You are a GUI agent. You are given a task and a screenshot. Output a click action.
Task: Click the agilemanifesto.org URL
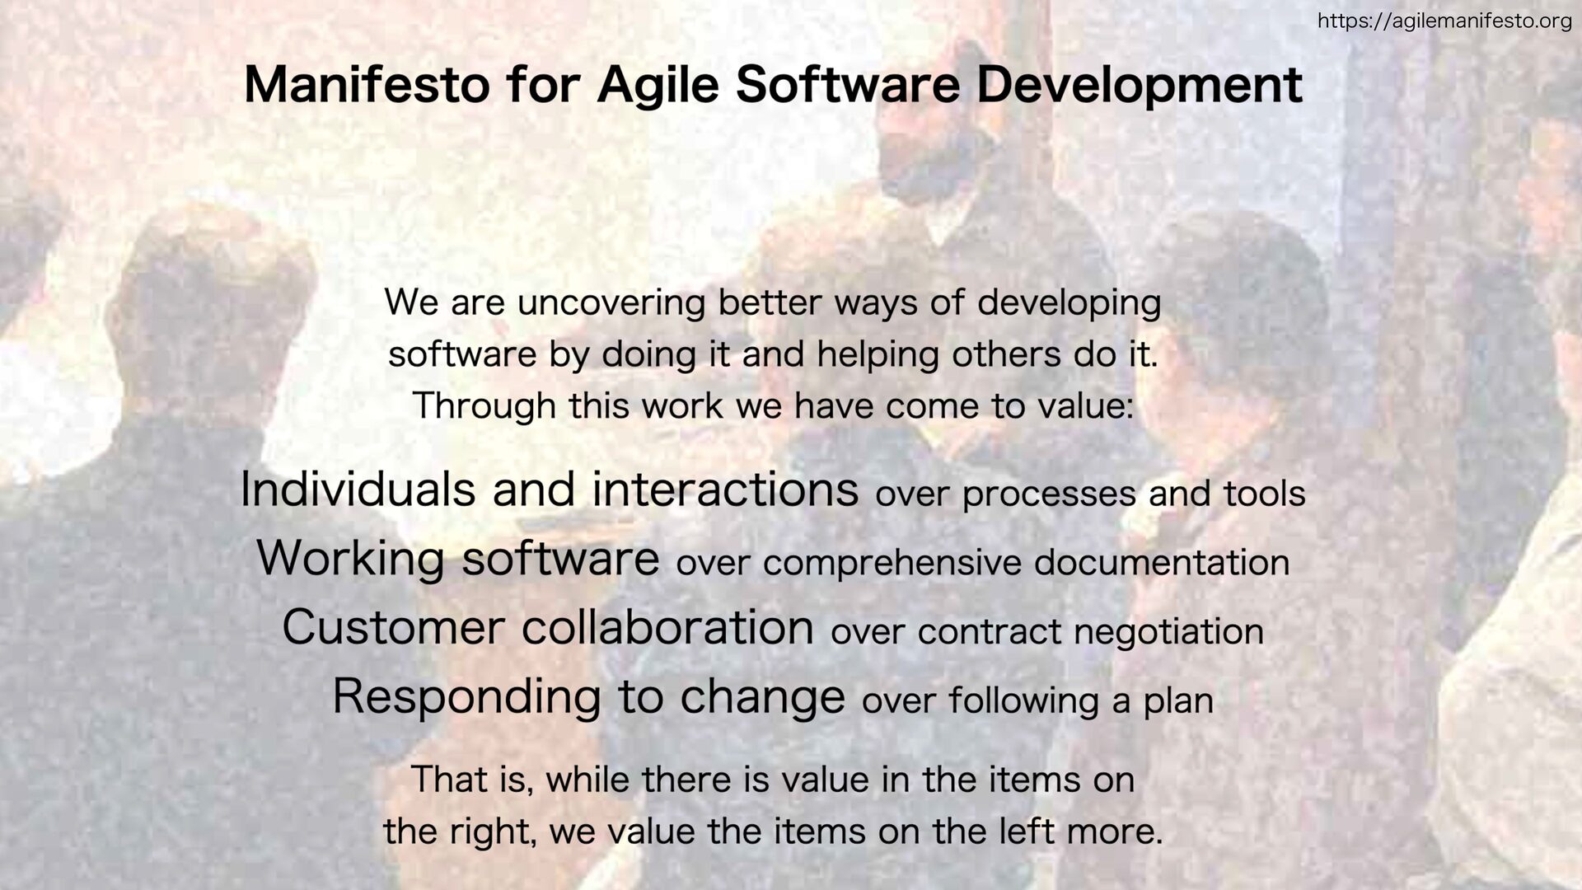(1444, 21)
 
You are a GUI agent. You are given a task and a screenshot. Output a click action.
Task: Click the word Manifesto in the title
(367, 84)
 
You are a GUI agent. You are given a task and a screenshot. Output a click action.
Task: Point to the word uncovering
(611, 302)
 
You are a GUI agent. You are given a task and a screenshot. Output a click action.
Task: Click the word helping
(878, 355)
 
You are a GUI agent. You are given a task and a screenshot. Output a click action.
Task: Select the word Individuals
(358, 489)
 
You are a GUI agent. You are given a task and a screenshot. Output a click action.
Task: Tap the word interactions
(725, 489)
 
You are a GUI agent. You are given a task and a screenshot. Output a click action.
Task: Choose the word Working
(351, 559)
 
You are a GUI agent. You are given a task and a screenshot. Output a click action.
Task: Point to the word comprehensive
(892, 564)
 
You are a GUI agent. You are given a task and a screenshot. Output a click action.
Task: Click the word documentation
(1162, 563)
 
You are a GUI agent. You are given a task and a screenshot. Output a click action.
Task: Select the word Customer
(393, 627)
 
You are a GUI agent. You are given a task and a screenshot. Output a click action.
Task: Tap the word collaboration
(667, 627)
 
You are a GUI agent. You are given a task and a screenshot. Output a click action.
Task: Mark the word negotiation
(1168, 632)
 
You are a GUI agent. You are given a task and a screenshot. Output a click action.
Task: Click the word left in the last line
(1027, 831)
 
